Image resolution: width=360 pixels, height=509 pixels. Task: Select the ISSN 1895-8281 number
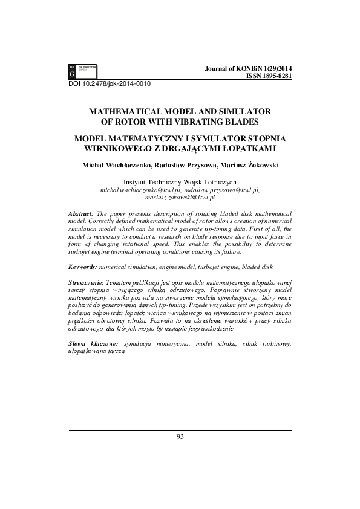pos(269,77)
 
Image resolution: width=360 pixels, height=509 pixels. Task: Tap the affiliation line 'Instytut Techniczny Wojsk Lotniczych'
pos(180,181)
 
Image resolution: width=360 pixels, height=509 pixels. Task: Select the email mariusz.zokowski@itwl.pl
pos(180,198)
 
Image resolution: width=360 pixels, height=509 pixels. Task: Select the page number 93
pos(180,437)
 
